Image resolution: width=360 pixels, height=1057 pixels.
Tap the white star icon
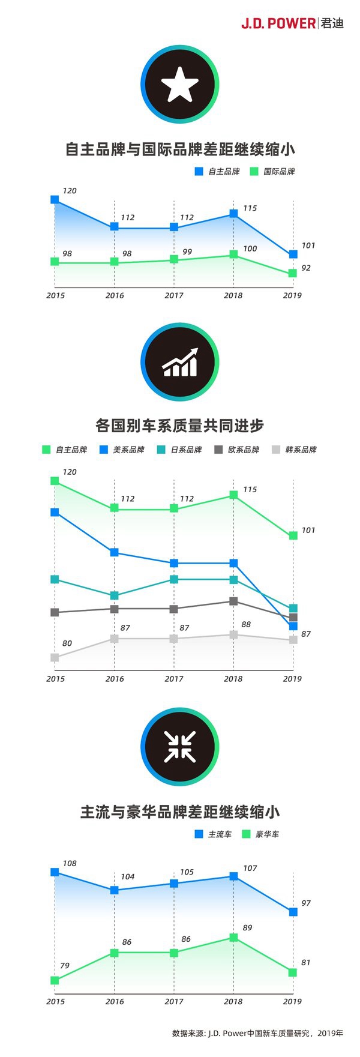(x=179, y=85)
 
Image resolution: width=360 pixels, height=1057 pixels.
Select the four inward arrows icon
(x=179, y=747)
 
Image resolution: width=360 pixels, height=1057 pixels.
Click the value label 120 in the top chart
(x=70, y=191)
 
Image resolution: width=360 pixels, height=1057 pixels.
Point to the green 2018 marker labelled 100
(x=233, y=255)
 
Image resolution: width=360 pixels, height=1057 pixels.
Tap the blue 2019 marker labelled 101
(x=293, y=254)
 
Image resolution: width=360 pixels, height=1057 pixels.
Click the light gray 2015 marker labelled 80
(x=55, y=657)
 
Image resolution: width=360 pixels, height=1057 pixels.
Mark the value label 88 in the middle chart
(x=245, y=624)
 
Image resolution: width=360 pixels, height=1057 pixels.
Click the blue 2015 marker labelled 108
(x=55, y=872)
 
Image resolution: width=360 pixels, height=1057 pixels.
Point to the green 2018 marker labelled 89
(x=233, y=938)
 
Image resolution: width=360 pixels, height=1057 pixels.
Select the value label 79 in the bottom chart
(x=65, y=966)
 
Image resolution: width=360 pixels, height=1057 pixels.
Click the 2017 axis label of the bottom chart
(x=174, y=1001)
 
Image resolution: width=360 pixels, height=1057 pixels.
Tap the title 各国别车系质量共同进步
(x=179, y=426)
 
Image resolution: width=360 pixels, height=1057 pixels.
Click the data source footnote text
(x=257, y=1033)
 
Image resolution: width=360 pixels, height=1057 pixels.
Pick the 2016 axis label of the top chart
(x=115, y=295)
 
